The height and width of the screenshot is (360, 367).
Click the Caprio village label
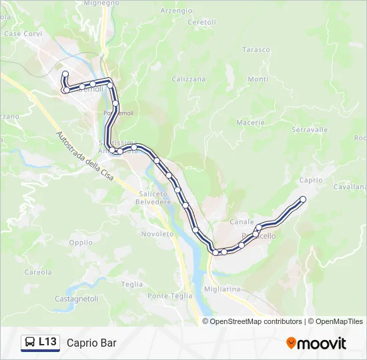[312, 180]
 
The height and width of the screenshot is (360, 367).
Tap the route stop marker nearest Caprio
[303, 199]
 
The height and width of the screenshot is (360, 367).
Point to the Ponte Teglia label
[169, 296]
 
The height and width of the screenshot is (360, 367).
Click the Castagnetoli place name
[77, 298]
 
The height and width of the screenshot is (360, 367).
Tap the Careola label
[38, 272]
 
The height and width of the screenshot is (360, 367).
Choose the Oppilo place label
[81, 243]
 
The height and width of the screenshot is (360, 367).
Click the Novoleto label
[157, 234]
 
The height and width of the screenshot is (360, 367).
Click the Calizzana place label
[189, 79]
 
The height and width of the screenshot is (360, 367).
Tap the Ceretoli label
[202, 22]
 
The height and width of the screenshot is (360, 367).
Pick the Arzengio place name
[176, 11]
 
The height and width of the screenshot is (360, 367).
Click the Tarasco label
[256, 50]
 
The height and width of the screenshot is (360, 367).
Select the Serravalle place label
[310, 129]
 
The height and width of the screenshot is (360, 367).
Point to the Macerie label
[251, 122]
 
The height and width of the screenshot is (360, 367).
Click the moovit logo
[316, 343]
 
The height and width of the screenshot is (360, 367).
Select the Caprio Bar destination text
[91, 343]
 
